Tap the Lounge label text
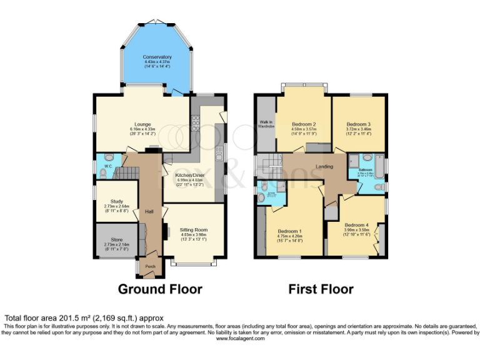tap(143, 124)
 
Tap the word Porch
tap(150, 266)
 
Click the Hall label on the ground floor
tap(149, 211)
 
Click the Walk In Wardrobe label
tap(266, 124)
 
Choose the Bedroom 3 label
tap(359, 124)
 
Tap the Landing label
tap(324, 166)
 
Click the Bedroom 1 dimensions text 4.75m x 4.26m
tap(290, 236)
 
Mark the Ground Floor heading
tap(161, 289)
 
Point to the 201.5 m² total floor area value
tap(69, 317)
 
